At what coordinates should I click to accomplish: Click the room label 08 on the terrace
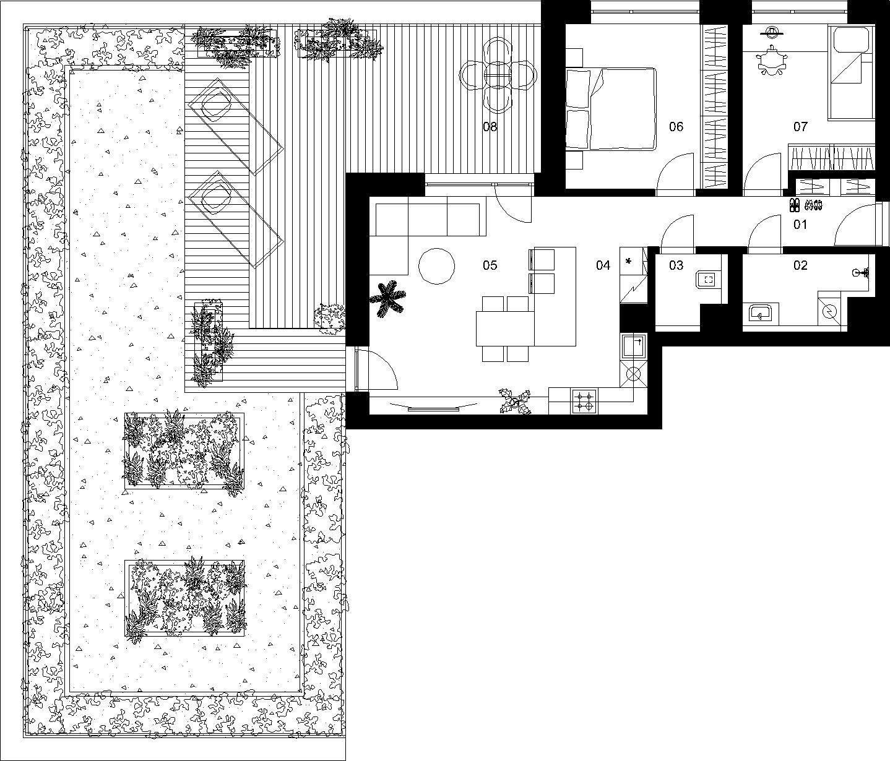(x=490, y=127)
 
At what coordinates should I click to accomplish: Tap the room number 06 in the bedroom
(x=676, y=127)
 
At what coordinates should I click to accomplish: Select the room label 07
(x=800, y=127)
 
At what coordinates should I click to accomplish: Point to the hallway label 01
(x=800, y=224)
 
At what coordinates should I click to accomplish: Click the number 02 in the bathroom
(x=800, y=265)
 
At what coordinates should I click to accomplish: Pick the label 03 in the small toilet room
(x=676, y=265)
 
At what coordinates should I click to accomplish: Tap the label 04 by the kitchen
(x=603, y=265)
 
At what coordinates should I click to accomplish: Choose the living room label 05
(x=490, y=265)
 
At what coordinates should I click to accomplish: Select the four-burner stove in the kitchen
(x=584, y=401)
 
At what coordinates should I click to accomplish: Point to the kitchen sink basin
(x=634, y=346)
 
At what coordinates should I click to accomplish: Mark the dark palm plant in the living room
(x=387, y=299)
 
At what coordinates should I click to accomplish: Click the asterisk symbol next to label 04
(x=629, y=261)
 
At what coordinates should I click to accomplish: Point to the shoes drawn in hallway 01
(x=806, y=205)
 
